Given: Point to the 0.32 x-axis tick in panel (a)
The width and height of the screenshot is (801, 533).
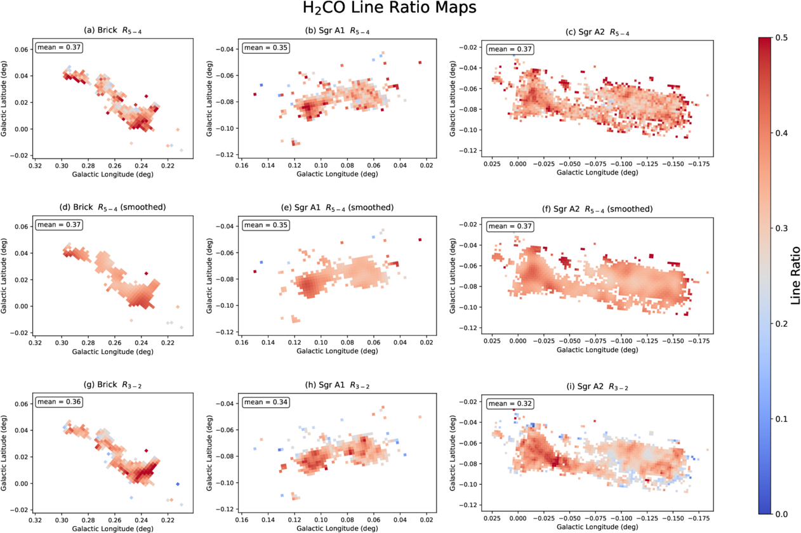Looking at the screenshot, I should pos(35,166).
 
